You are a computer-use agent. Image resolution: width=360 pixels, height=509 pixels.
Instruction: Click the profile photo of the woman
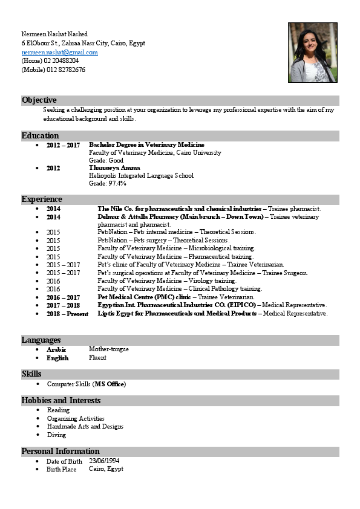313,53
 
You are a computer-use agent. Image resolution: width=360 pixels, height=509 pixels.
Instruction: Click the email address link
59,53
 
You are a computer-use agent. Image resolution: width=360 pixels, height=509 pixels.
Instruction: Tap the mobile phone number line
53,70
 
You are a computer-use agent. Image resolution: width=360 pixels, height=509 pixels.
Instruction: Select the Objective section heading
39,100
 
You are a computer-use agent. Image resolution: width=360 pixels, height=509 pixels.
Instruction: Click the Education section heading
41,135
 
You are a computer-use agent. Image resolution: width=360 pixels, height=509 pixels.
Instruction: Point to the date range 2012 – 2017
63,145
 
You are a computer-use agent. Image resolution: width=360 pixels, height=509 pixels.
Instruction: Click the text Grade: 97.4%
107,183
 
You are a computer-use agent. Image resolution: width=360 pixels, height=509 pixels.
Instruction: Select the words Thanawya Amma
114,167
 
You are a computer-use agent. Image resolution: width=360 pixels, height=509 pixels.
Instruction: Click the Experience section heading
42,199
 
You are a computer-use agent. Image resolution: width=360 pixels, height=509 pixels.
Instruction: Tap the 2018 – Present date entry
67,314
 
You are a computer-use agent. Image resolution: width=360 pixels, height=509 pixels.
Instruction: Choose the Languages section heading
41,340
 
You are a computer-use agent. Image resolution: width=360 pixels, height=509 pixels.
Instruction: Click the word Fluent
97,357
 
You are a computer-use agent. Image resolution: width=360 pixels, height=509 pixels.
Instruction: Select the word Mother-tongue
109,349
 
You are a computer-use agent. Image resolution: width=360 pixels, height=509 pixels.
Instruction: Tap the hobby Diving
56,435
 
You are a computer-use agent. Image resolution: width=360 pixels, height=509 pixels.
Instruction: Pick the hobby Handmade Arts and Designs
85,426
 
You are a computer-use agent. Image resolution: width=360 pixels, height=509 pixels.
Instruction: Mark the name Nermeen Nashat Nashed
54,34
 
